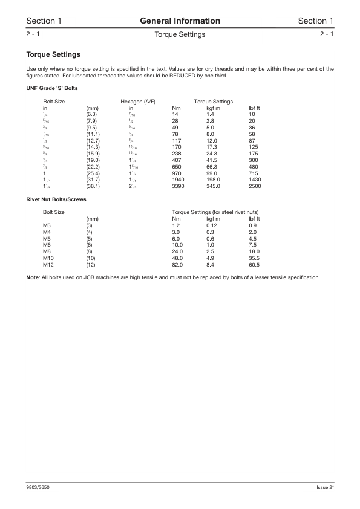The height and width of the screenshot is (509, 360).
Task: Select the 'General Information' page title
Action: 180,21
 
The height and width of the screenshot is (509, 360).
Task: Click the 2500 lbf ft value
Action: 255,187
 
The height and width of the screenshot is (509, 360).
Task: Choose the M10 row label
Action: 48,258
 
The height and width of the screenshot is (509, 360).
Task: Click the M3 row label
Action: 47,225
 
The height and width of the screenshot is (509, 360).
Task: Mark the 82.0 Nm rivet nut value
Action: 178,264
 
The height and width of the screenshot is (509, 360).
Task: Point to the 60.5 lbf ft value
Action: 254,264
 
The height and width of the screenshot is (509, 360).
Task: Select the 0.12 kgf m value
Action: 212,225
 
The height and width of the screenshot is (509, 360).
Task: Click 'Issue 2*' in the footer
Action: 325,487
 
